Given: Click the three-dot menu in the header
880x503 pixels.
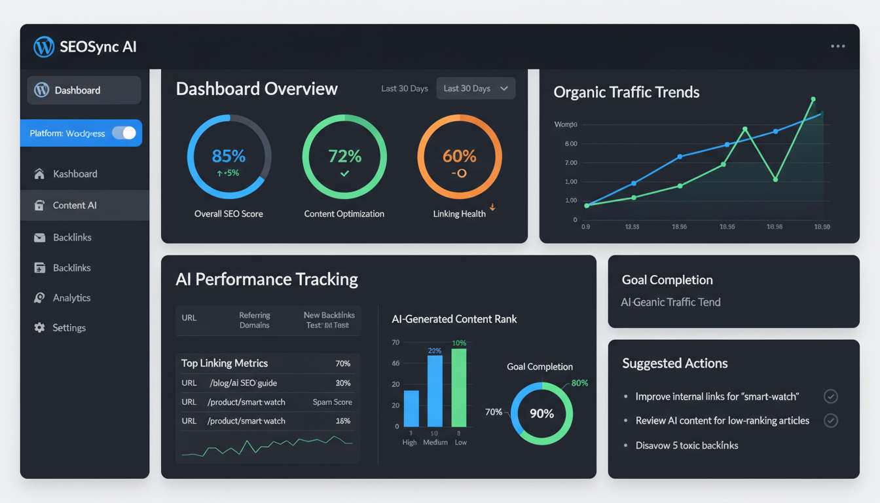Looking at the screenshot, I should (837, 47).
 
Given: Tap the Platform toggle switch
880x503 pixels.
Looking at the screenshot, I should (124, 133).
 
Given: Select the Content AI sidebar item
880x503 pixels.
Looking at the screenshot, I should (75, 206).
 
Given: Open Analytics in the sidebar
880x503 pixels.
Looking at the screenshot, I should (71, 298).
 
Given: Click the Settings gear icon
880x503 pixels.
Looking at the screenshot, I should (40, 327).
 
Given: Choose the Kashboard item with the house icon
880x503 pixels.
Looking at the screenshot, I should (75, 174).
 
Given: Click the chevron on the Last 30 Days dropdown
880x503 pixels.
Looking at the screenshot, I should (504, 88).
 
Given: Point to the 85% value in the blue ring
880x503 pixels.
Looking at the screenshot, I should (229, 156).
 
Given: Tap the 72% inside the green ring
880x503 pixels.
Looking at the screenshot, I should (344, 156).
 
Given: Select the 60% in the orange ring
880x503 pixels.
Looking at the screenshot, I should (459, 156).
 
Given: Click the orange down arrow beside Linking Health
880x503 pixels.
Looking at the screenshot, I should (492, 208).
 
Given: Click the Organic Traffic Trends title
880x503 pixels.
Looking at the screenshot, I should (626, 92).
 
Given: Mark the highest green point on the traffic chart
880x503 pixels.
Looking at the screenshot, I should (813, 100).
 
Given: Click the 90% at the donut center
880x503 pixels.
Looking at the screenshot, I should (541, 414).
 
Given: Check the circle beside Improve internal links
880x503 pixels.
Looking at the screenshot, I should (830, 397).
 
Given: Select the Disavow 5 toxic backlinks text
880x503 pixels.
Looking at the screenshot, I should (686, 445).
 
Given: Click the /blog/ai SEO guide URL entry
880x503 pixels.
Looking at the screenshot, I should (244, 383).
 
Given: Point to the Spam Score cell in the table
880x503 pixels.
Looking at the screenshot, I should (332, 402).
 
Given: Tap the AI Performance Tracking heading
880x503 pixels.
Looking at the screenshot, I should (266, 280).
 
